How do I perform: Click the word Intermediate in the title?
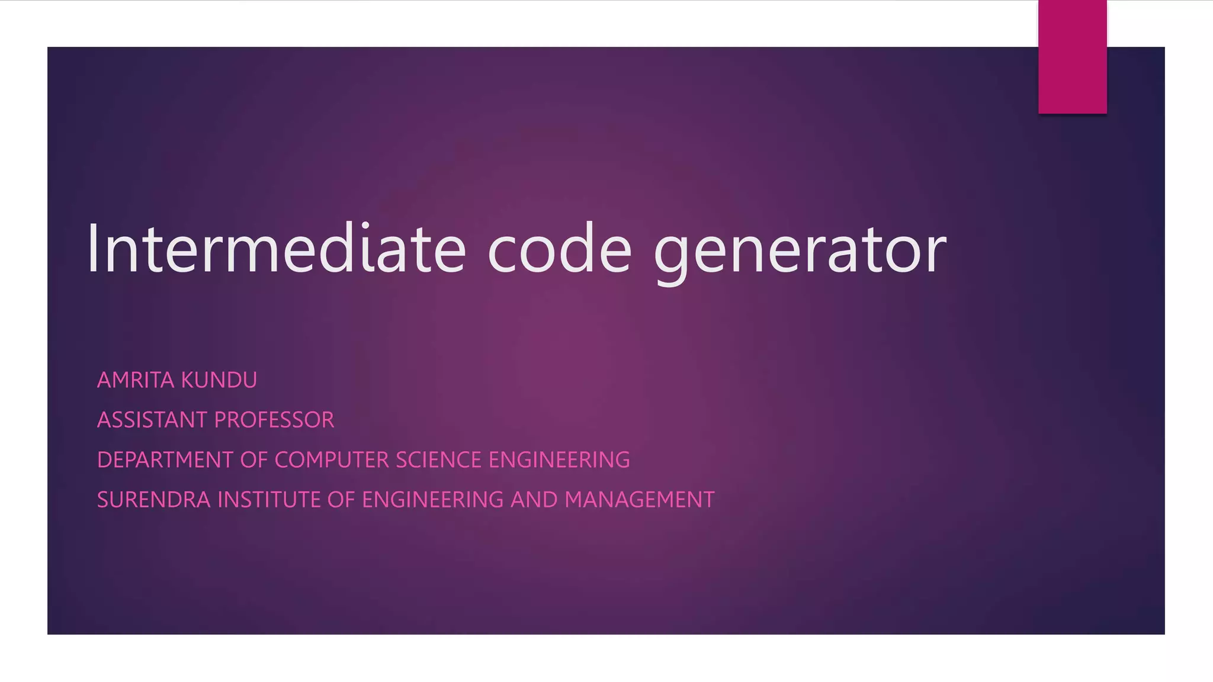(276, 249)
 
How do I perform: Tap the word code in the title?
(560, 249)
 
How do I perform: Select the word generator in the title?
(800, 252)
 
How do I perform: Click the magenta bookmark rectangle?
(1072, 57)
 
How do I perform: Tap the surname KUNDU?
(219, 380)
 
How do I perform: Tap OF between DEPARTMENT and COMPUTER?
(254, 460)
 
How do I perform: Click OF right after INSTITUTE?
(341, 500)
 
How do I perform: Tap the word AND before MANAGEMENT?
(534, 500)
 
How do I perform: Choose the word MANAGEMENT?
(640, 500)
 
